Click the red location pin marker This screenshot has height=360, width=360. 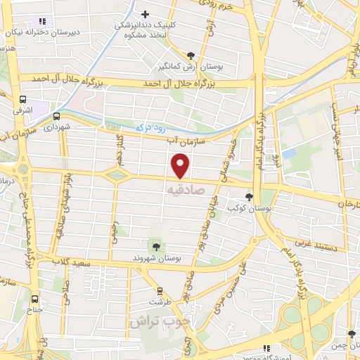click(x=181, y=166)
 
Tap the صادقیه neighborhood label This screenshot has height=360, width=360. click(x=185, y=190)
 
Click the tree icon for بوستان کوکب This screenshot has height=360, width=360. click(x=248, y=198)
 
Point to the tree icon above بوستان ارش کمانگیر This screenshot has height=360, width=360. click(x=191, y=56)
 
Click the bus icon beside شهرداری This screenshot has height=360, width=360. click(x=56, y=116)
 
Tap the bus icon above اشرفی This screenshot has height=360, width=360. click(x=23, y=99)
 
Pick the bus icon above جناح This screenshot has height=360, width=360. click(x=36, y=298)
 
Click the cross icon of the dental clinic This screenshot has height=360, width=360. click(x=146, y=14)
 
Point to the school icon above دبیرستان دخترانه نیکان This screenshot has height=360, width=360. click(x=42, y=21)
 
